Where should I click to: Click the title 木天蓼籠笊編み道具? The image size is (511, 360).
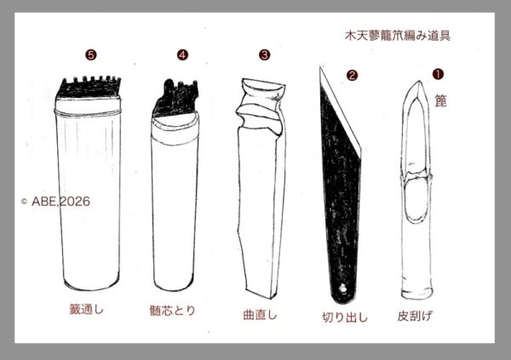tap(398, 36)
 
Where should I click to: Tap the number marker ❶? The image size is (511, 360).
tap(438, 74)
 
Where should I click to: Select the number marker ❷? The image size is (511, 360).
tap(352, 76)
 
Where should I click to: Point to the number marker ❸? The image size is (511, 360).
tap(264, 54)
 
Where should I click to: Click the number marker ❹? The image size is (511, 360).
tap(182, 54)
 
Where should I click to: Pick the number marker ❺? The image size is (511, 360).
tap(91, 54)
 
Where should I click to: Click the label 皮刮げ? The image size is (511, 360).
tap(416, 316)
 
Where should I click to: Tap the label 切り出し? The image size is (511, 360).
tap(345, 317)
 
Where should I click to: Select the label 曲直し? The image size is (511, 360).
tap(261, 315)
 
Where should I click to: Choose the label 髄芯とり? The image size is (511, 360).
tap(172, 310)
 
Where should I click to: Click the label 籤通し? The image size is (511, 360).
tap(87, 309)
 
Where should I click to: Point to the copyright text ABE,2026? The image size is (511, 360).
tap(55, 202)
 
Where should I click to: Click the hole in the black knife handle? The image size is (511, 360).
tap(342, 289)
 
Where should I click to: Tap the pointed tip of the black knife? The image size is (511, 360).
tap(321, 66)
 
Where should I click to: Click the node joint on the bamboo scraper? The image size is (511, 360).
tap(418, 176)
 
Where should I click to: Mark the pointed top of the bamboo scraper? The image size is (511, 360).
tap(419, 81)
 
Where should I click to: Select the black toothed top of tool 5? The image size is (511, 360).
tap(89, 88)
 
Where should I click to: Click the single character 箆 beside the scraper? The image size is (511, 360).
tap(440, 101)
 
